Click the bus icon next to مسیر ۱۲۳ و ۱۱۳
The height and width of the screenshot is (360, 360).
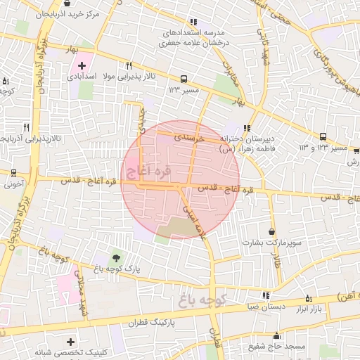(323, 137)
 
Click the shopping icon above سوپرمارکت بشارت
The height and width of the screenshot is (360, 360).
(272, 231)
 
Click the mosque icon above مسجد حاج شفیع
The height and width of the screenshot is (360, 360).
(276, 336)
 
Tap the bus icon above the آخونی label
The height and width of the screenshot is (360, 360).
(13, 172)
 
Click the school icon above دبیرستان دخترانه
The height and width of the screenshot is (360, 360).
(247, 128)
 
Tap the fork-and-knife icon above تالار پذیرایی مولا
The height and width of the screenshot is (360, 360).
(129, 65)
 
